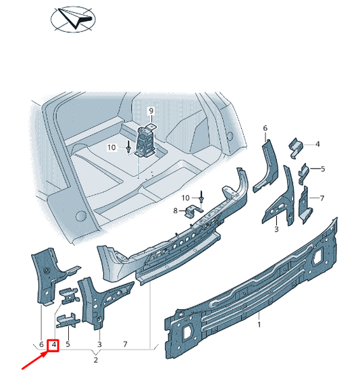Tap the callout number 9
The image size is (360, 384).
pos(151,110)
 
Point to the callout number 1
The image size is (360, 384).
pos(259,325)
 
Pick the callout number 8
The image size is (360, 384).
pos(175,211)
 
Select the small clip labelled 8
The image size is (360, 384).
pos(192,213)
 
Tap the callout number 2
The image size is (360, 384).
pos(96,360)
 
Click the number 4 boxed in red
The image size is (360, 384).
pos(53,346)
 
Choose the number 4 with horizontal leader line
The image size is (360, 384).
pos(317,144)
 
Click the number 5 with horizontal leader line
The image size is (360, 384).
pos(322,169)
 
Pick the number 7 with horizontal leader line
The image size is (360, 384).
pos(322,198)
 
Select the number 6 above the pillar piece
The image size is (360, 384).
pos(265,128)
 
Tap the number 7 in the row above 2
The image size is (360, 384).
pos(126,346)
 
